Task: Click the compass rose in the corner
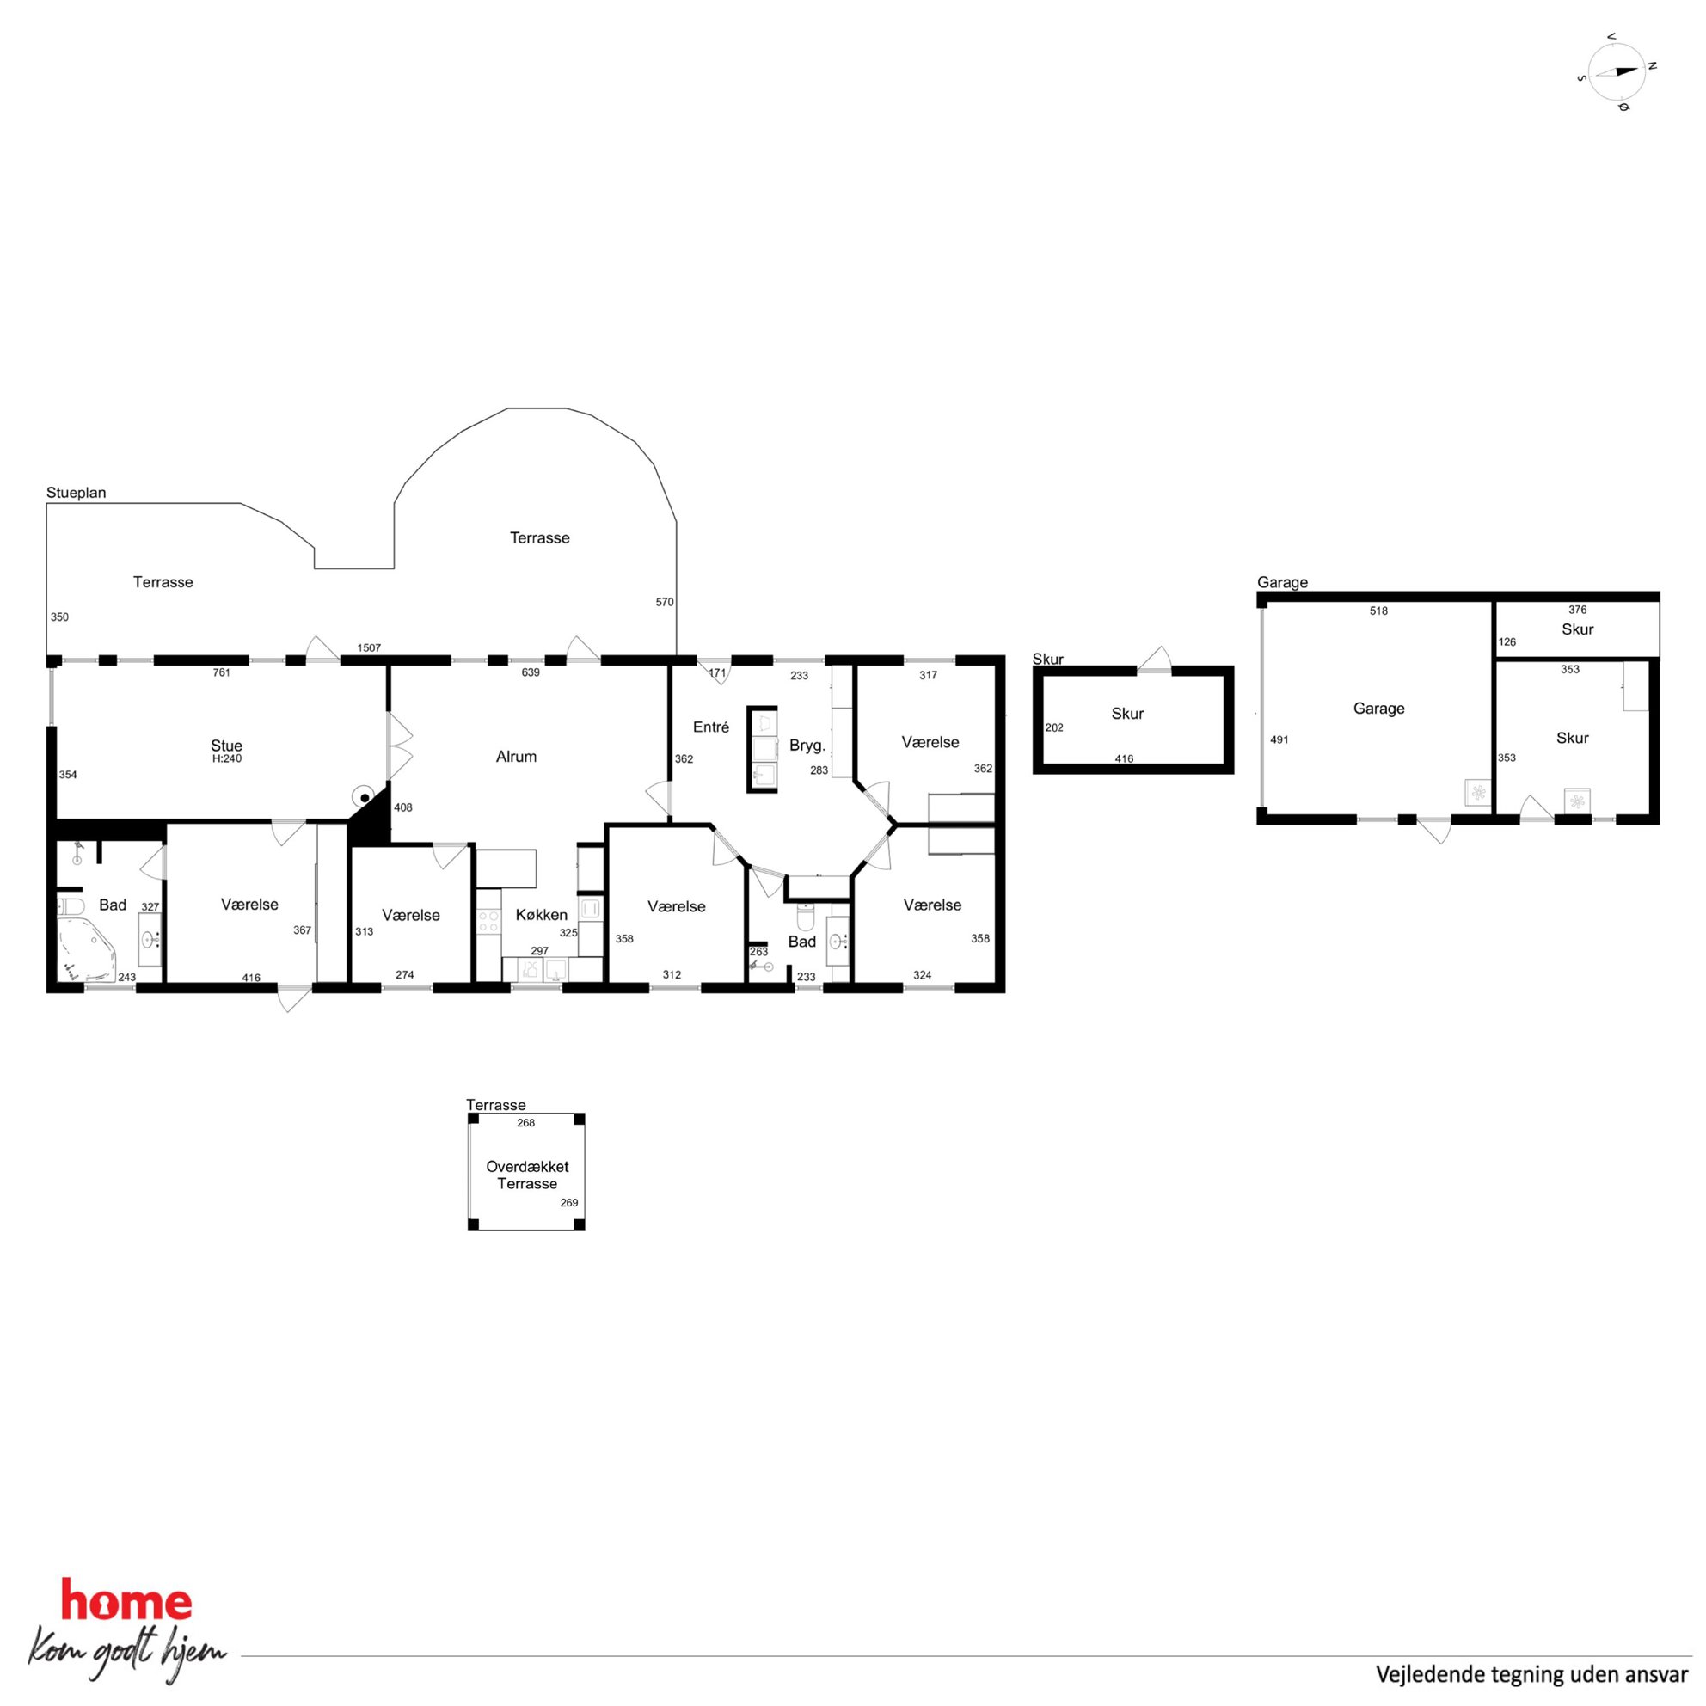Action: tap(1617, 71)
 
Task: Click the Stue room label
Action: tap(227, 746)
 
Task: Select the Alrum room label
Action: tap(517, 757)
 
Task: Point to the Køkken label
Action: tap(541, 915)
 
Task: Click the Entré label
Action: tap(711, 727)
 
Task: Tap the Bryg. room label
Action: tap(807, 746)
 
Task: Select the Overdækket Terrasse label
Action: tap(527, 1175)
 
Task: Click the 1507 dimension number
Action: tap(369, 648)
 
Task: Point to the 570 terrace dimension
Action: tap(665, 602)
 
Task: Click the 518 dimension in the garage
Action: tap(1378, 611)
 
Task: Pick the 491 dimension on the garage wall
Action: tap(1279, 740)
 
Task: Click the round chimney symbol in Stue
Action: tap(364, 797)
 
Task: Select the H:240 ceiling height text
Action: tap(227, 758)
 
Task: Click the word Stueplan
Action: tap(76, 493)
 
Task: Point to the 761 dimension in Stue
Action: tap(222, 673)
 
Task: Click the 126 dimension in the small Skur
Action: tap(1507, 642)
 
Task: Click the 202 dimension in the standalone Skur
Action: tap(1054, 727)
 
